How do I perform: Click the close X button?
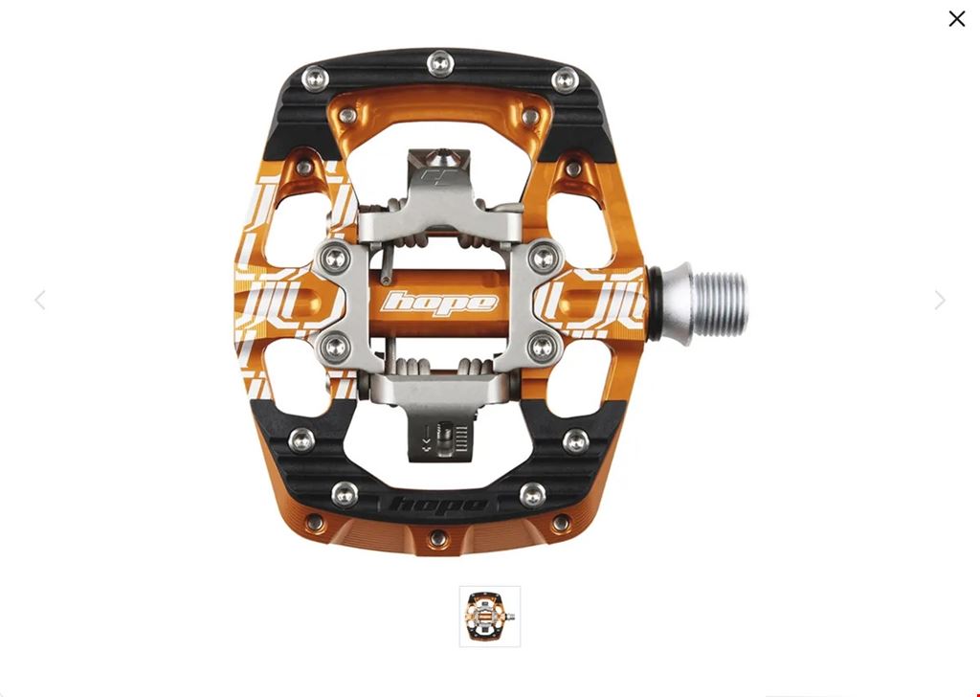pos(956,19)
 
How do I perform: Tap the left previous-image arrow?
pos(40,300)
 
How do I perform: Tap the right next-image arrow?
pos(940,300)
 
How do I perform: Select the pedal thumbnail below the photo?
pos(489,617)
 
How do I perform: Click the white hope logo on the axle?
pos(439,303)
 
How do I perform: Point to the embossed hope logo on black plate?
pos(438,504)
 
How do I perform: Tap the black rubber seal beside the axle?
pos(654,304)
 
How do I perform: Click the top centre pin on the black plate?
pos(440,63)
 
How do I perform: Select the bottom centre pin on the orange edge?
pos(438,538)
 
